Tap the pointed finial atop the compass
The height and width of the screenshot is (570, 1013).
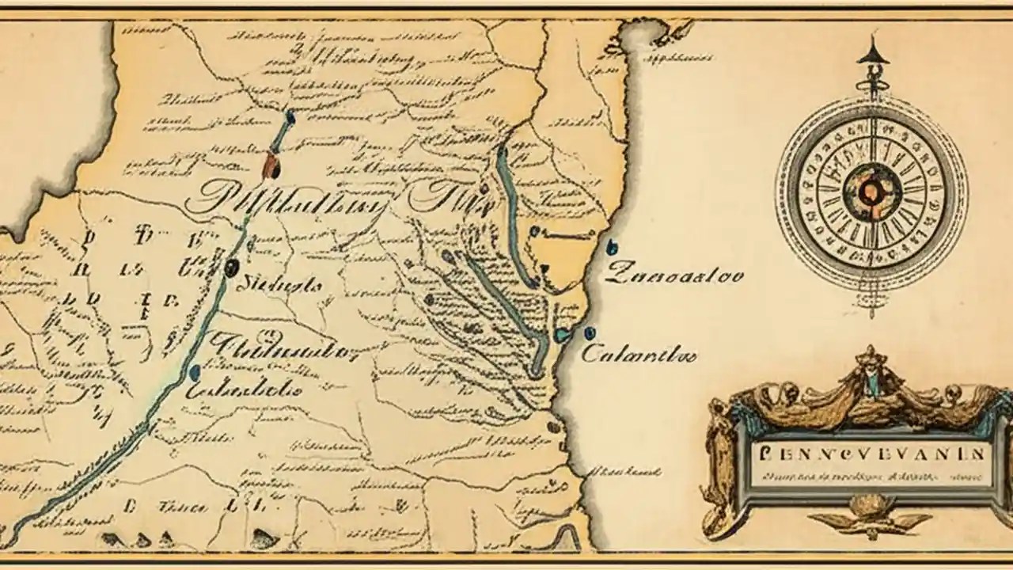tap(873, 50)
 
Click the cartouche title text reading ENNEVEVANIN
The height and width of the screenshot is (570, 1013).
tap(871, 454)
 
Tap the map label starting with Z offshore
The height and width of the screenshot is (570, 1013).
tap(675, 275)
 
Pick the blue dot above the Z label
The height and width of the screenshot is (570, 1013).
tap(611, 247)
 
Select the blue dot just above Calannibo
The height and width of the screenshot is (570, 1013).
tap(590, 333)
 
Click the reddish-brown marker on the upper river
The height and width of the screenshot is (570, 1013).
tap(271, 165)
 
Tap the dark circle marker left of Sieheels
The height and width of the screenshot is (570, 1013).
tap(231, 268)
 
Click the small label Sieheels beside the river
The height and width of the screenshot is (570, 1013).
tap(279, 285)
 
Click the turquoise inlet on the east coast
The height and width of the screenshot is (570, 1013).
tap(563, 336)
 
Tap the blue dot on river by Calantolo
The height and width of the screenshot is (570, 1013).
tap(195, 372)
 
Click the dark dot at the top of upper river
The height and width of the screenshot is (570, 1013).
tap(290, 117)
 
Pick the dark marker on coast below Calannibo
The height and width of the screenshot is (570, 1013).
tap(554, 427)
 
